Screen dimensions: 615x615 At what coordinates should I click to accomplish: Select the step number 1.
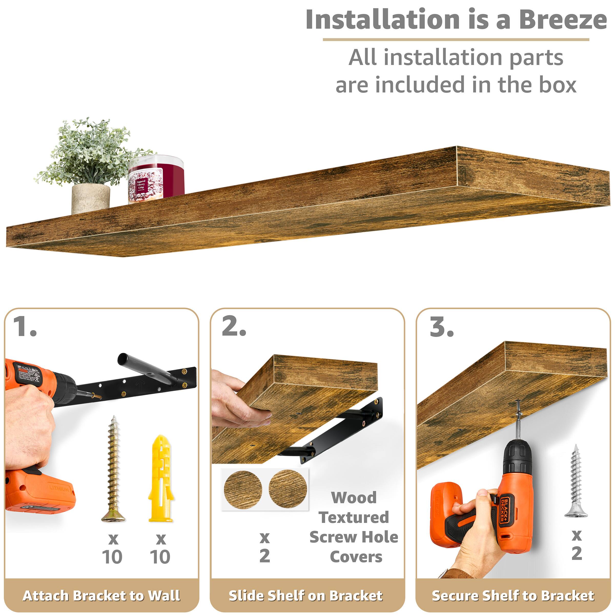[x=25, y=327]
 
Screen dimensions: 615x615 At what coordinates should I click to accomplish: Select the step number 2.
[x=234, y=327]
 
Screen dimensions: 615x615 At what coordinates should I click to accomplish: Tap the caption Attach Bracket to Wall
[x=101, y=596]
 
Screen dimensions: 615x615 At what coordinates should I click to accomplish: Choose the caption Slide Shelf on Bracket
[x=306, y=596]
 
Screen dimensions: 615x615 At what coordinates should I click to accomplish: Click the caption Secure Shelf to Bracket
[x=513, y=596]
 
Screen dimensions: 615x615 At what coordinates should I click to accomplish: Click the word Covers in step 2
[x=356, y=557]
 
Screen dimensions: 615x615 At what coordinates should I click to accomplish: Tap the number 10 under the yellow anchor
[x=160, y=557]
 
